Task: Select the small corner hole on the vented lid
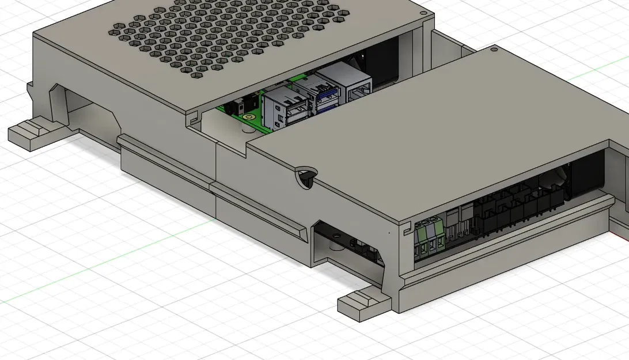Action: coord(423,12)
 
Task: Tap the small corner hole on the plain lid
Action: coord(494,50)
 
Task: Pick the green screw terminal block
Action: coord(431,237)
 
